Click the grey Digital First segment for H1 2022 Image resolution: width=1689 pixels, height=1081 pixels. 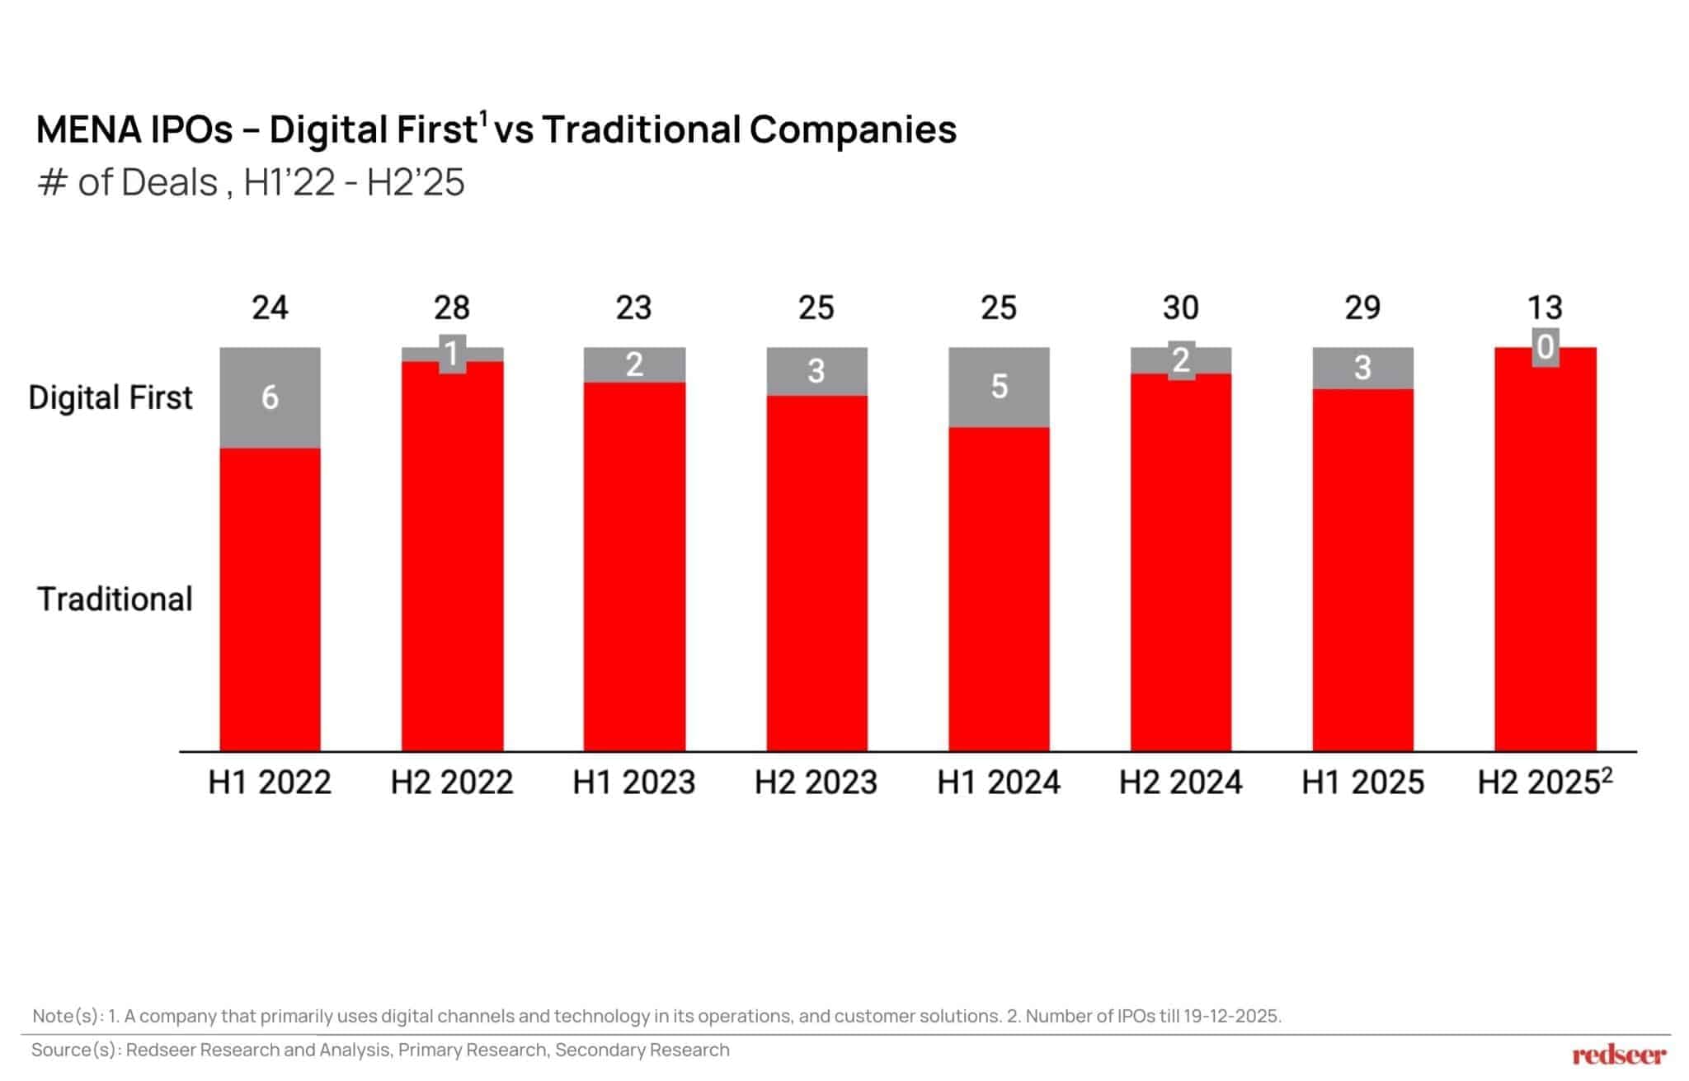point(270,397)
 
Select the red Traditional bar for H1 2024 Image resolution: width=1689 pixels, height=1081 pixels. point(999,589)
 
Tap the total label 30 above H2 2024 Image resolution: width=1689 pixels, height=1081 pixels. point(1180,308)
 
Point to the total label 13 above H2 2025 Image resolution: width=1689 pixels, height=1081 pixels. point(1545,308)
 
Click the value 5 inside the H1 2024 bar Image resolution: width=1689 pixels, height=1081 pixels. point(999,386)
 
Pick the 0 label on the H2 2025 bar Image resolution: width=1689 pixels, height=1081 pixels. point(1546,347)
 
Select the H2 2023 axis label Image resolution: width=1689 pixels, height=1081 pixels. point(816,782)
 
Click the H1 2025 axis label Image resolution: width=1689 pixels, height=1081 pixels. point(1362,782)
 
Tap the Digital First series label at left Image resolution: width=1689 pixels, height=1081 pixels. point(111,397)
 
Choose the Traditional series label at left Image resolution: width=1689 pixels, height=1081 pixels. point(115,599)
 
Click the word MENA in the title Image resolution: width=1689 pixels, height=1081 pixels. point(88,129)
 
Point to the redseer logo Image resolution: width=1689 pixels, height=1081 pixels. point(1618,1055)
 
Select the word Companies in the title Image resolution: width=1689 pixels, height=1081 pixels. point(853,129)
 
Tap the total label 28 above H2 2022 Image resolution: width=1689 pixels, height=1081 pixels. point(452,308)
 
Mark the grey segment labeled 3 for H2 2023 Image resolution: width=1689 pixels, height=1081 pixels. point(816,371)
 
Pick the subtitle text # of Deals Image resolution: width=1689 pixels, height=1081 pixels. point(128,182)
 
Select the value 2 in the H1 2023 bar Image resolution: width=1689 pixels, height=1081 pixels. point(634,364)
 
